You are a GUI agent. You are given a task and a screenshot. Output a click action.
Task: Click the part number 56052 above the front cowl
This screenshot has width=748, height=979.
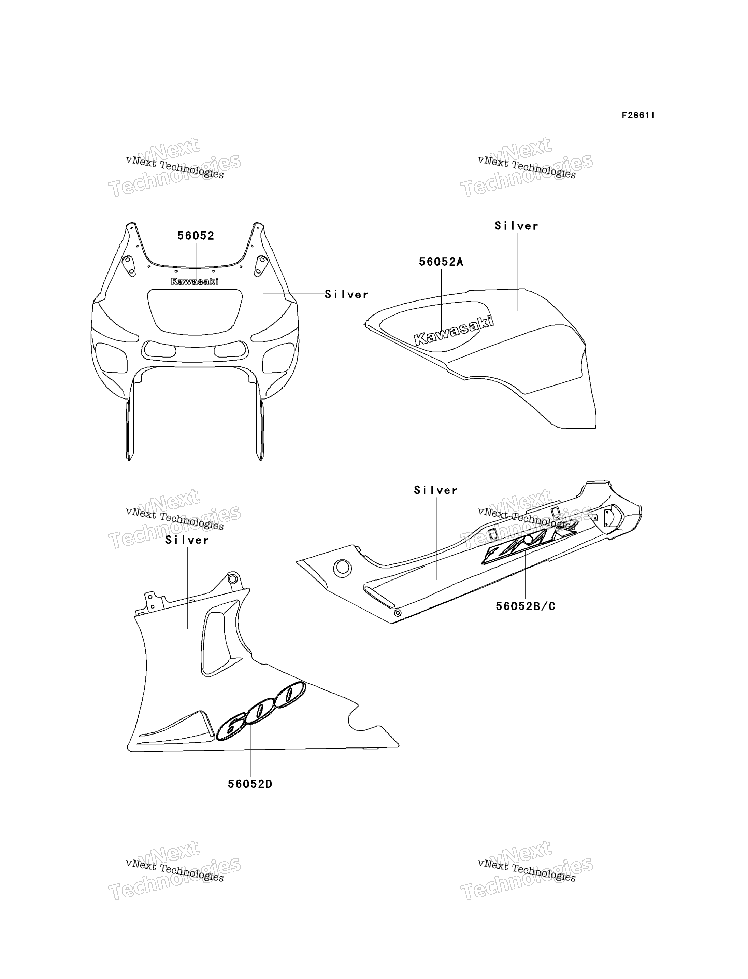coord(196,236)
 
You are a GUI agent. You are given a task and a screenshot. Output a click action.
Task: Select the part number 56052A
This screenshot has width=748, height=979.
coord(441,262)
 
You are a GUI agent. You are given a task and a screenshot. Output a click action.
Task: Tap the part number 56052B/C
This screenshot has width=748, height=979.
coord(526,606)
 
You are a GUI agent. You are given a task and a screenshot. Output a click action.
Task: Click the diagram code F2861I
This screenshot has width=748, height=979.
coord(638,115)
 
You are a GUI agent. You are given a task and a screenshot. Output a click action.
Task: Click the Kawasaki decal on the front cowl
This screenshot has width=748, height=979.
coord(195,281)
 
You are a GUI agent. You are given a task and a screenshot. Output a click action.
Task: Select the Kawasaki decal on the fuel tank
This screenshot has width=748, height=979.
coord(454,330)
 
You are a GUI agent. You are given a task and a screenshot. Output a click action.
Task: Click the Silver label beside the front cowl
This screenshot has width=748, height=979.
coord(346,295)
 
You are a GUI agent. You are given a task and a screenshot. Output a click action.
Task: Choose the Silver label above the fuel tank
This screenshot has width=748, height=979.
coord(517,226)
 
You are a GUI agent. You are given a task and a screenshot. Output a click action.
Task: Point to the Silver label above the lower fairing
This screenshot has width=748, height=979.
coord(187,540)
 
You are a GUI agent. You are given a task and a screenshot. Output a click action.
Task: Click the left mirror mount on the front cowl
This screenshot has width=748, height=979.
coord(129,266)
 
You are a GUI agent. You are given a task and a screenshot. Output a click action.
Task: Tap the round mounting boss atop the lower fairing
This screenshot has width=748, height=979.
coord(232,579)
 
